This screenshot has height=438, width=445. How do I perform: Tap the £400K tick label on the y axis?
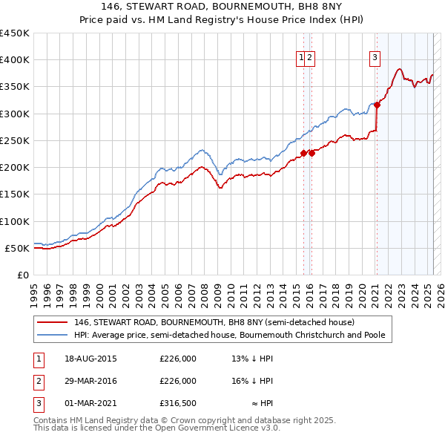(x=16, y=60)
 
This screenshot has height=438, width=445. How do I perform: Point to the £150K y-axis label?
(x=16, y=195)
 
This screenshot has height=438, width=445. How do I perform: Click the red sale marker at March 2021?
(x=377, y=105)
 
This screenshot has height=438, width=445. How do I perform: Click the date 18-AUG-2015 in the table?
(x=91, y=358)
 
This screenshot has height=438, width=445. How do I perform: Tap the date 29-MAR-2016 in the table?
(x=91, y=381)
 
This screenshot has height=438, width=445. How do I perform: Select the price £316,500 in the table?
(x=178, y=404)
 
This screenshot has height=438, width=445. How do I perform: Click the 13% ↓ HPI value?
(x=252, y=358)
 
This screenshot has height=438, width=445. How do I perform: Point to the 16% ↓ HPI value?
(x=252, y=381)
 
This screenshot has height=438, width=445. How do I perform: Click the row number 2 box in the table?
(x=37, y=381)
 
